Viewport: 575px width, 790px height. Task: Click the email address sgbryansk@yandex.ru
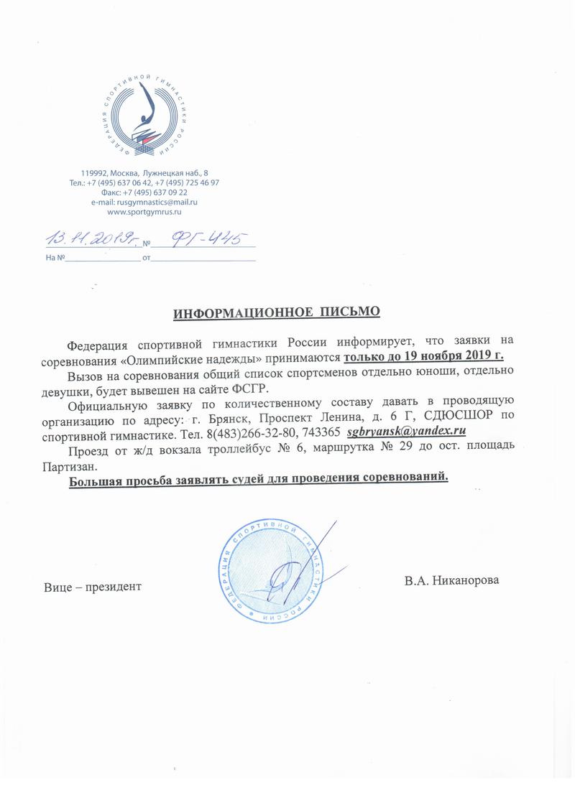click(x=407, y=432)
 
